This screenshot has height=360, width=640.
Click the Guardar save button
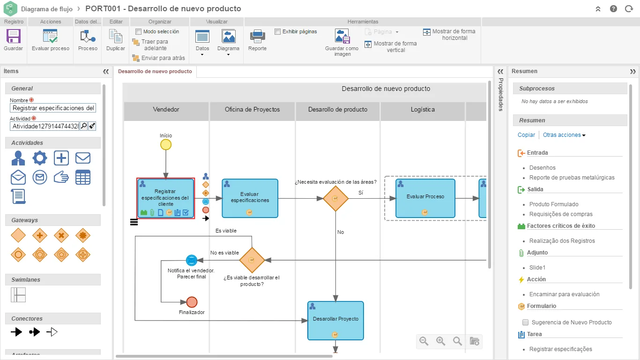coord(13,37)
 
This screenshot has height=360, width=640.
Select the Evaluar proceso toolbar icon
coord(50,37)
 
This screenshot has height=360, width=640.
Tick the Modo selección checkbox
coord(139,31)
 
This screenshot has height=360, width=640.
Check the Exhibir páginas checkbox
coord(277,31)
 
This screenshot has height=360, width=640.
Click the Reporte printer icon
coord(257,37)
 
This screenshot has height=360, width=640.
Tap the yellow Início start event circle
coord(166,145)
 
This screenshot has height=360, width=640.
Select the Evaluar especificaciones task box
coord(250,198)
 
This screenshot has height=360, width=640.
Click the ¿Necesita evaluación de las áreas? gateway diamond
coord(335,198)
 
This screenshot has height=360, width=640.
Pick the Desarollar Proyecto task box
coord(335,321)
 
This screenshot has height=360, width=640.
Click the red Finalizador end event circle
coord(192,302)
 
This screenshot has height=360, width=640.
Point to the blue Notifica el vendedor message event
coord(192,260)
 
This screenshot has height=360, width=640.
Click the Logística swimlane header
coord(423,110)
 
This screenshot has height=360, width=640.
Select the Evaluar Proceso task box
coord(425,198)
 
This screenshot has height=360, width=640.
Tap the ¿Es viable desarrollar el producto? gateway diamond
coord(252,260)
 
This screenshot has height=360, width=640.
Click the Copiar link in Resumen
coord(526,135)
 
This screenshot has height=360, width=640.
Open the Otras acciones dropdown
coord(564,135)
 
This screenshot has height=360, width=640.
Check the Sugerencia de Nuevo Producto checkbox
coord(525,322)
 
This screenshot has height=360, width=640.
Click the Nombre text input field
coord(53,108)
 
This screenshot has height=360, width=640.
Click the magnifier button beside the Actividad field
coord(84,126)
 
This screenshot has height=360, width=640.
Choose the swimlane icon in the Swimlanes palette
coord(18,295)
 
